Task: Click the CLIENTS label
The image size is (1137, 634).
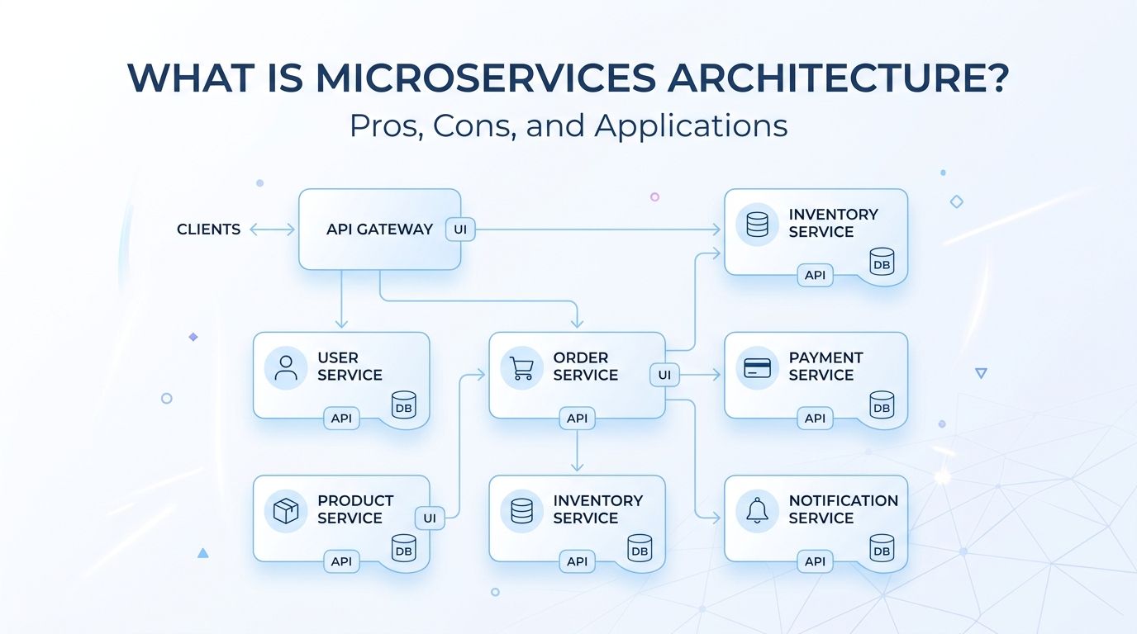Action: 208,229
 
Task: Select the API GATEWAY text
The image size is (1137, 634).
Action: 379,229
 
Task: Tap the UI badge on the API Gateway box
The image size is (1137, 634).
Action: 460,229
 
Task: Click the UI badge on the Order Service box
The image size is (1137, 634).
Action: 664,375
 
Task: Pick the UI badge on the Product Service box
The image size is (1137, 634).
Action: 430,518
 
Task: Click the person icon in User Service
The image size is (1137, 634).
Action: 286,367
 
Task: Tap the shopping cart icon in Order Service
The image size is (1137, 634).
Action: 521,368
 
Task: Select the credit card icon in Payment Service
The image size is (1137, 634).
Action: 757,368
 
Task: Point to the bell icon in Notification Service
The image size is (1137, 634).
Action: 757,510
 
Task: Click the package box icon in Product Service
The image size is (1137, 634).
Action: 286,511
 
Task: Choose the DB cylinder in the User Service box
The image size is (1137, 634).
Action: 403,405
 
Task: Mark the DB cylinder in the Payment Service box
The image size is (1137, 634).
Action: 882,405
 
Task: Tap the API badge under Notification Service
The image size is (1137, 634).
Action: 815,561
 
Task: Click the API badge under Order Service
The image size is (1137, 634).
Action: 577,419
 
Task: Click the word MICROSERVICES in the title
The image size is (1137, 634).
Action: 486,78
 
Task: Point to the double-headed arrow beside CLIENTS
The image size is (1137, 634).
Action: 272,229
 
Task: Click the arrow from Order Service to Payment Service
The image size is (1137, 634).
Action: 700,375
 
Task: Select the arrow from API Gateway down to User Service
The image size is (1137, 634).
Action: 341,299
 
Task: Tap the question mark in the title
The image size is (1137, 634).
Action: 996,78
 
